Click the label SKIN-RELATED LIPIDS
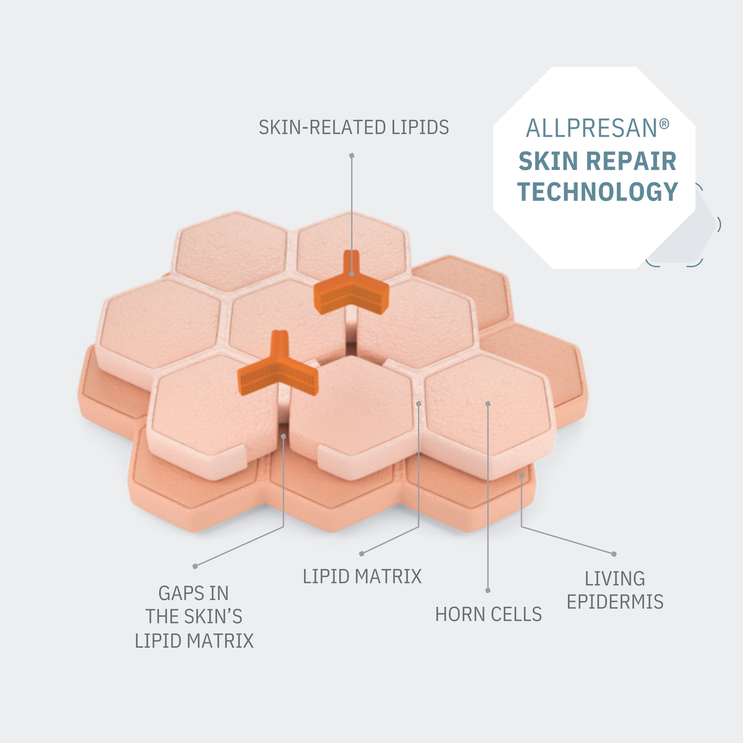coord(354,128)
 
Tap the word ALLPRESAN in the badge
coord(591,128)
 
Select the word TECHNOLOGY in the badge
coord(597,191)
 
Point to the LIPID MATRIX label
coord(362,576)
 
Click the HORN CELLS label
coord(489,614)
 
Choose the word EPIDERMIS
coord(615,601)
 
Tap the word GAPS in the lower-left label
coord(177,593)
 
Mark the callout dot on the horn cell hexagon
coord(488,403)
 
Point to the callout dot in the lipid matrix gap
coord(419,403)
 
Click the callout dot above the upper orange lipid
coord(352,155)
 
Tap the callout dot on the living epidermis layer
coord(521,476)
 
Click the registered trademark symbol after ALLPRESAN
coord(664,123)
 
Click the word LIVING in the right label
coord(615,578)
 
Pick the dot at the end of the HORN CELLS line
coord(488,590)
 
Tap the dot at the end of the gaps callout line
coord(195,566)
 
